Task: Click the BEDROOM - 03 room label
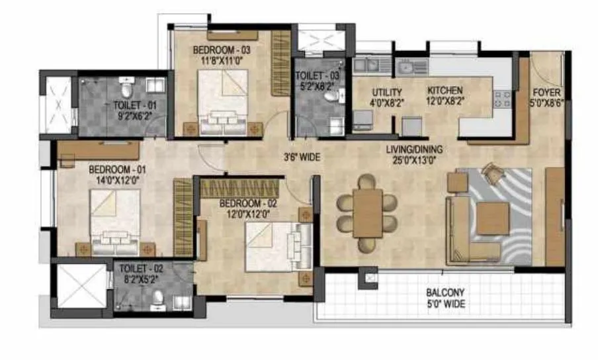click(x=222, y=50)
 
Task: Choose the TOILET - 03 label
click(x=317, y=75)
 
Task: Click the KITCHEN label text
click(x=445, y=91)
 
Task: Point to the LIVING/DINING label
click(x=415, y=149)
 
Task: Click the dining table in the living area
click(x=367, y=212)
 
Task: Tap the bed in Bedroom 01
click(x=115, y=222)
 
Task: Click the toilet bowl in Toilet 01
click(x=127, y=86)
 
